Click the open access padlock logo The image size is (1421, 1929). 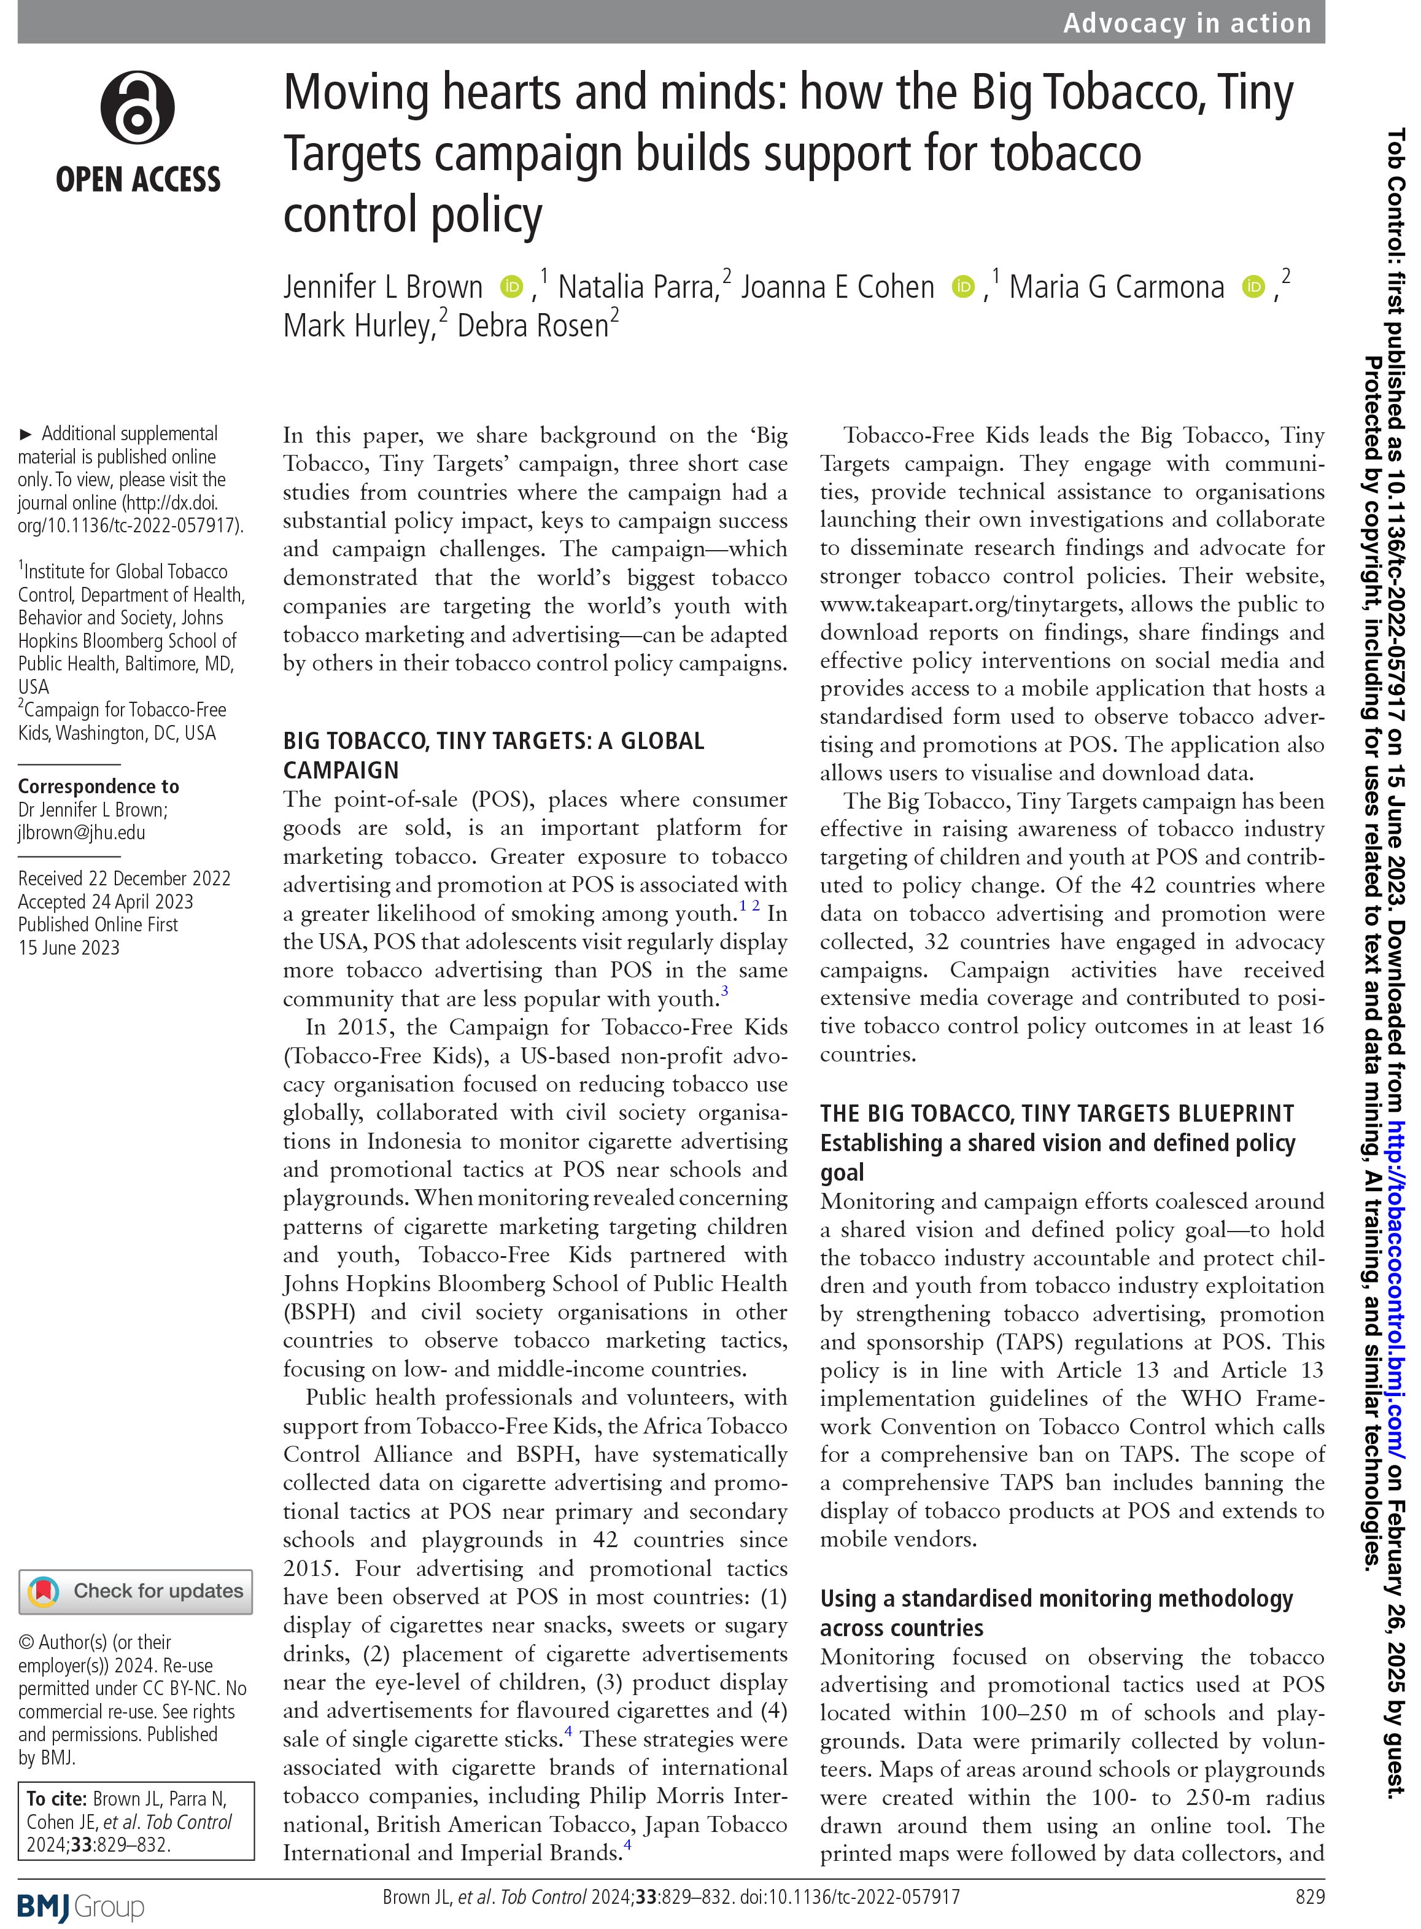tap(137, 109)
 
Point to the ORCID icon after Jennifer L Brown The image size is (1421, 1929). tap(512, 287)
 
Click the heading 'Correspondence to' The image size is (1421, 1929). tap(98, 786)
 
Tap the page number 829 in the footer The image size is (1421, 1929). tap(1309, 1897)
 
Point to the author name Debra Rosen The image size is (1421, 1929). tap(533, 326)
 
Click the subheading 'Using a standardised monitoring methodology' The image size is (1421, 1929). tap(1056, 1599)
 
